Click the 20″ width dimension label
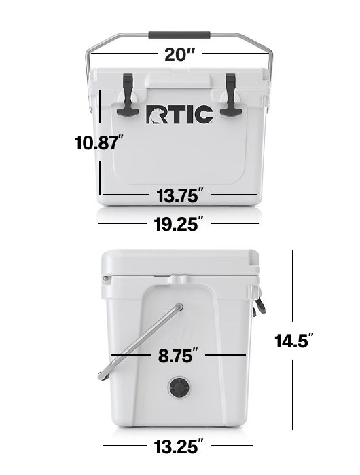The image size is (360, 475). tap(179, 54)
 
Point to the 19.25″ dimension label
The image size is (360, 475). tap(178, 224)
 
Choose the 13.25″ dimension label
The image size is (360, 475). tap(179, 446)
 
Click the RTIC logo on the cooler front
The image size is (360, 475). tap(179, 114)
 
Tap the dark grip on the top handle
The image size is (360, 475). tap(179, 34)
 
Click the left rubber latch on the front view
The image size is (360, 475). tap(128, 95)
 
